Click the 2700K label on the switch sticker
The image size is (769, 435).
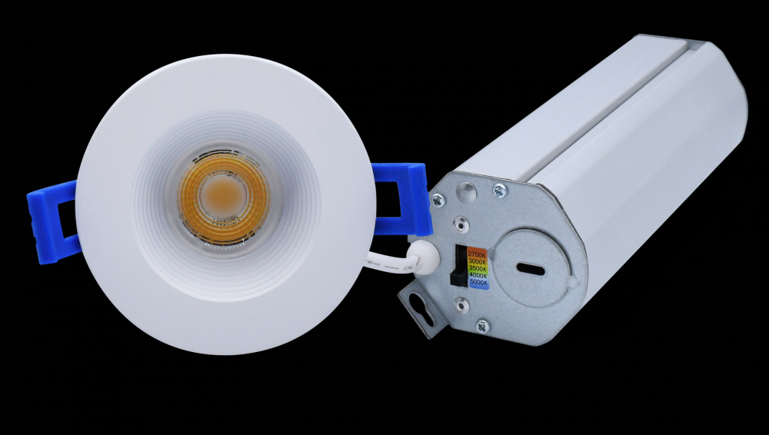(477, 254)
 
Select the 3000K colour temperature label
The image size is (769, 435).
(477, 262)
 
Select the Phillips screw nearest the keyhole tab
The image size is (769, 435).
(482, 325)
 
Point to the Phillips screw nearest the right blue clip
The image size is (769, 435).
(438, 200)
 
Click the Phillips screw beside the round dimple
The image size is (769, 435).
(499, 190)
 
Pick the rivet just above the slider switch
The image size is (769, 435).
(460, 224)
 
